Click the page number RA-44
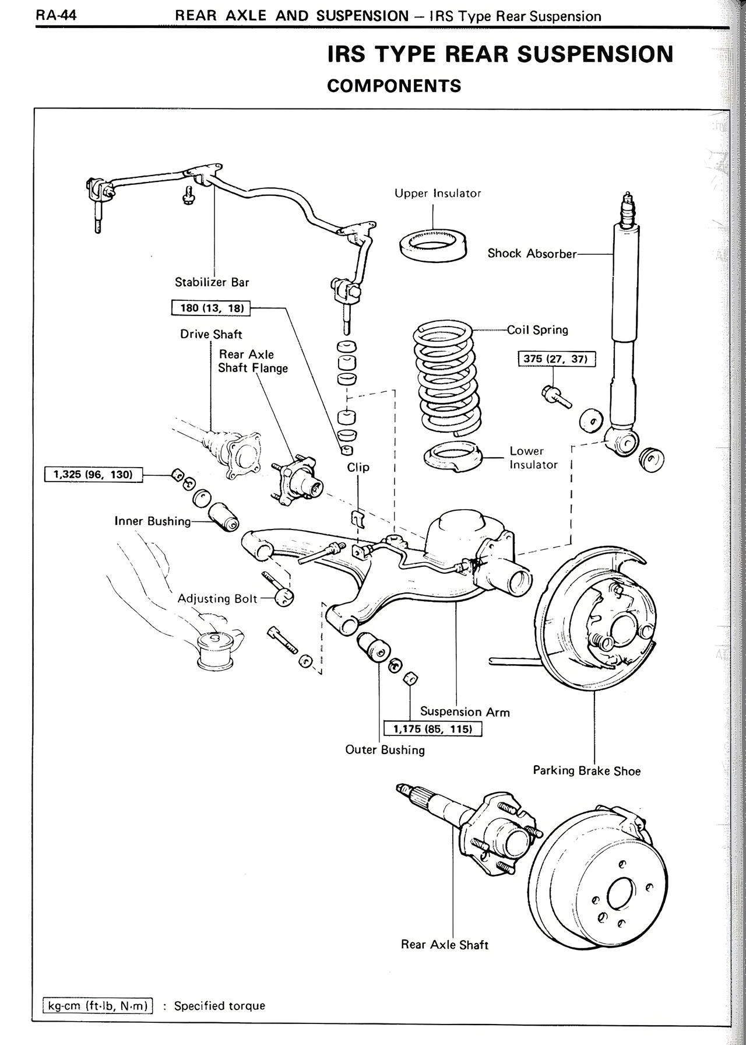click(x=57, y=15)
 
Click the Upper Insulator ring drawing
click(x=433, y=246)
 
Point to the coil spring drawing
click(x=447, y=378)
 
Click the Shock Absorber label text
click(x=532, y=254)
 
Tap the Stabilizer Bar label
click(x=212, y=282)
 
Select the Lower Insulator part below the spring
click(x=453, y=457)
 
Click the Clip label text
click(x=358, y=467)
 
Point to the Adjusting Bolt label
click(x=217, y=599)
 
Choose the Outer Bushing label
click(x=385, y=750)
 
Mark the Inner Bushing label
click(x=153, y=521)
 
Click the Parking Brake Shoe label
click(x=586, y=771)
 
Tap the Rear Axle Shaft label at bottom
click(x=444, y=945)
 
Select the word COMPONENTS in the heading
click(x=394, y=86)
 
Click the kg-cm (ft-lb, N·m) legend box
click(x=98, y=1006)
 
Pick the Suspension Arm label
click(x=465, y=712)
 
